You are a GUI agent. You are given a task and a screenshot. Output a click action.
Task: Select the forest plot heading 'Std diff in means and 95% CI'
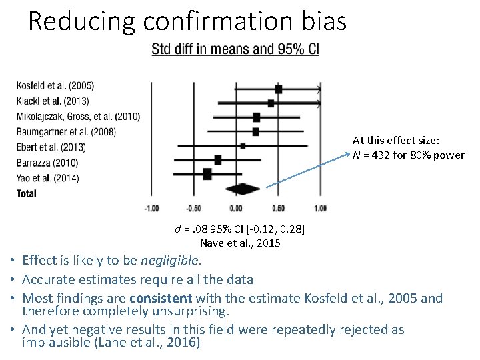235,49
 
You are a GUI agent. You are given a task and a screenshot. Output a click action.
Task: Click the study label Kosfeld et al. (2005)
55,86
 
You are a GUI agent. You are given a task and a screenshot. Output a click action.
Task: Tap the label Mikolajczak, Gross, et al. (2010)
79,117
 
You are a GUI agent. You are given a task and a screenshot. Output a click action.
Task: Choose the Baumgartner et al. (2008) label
66,131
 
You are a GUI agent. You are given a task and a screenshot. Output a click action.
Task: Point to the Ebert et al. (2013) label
51,147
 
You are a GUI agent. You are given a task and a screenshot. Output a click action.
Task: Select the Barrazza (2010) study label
47,162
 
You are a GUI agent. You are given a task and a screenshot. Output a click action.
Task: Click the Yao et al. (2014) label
47,177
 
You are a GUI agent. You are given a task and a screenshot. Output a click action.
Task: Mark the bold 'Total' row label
27,193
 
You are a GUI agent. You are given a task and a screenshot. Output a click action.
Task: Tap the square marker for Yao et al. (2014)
207,174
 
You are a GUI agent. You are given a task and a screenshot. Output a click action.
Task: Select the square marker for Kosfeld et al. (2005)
279,88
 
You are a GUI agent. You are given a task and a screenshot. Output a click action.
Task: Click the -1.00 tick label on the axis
151,209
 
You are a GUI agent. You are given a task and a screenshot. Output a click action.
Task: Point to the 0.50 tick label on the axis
278,209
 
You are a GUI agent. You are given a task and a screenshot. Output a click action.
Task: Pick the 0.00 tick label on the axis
236,209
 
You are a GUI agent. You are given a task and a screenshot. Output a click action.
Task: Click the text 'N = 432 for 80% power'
409,155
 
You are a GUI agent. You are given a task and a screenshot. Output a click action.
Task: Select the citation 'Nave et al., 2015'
240,243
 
